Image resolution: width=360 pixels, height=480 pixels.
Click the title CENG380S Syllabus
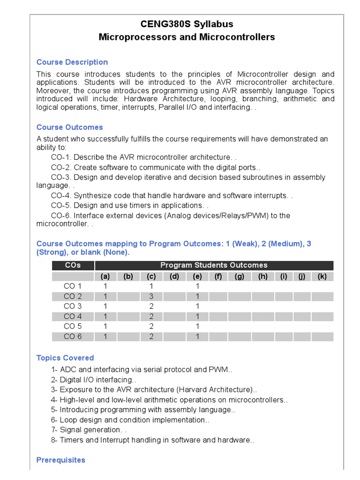(x=187, y=24)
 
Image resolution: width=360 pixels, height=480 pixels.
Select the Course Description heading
(x=72, y=62)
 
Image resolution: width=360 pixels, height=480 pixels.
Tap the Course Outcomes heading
(x=69, y=127)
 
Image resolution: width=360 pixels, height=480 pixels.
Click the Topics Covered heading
(x=65, y=358)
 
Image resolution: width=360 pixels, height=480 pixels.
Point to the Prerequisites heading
(x=61, y=460)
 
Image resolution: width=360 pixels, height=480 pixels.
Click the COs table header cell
(x=73, y=265)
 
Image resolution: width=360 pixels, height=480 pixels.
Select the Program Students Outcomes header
(x=214, y=265)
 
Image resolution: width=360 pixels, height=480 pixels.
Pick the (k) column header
(x=322, y=277)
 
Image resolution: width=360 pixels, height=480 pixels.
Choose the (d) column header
(x=174, y=277)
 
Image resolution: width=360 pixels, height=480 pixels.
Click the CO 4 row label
(x=73, y=316)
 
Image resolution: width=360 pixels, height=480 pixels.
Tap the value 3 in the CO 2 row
(x=151, y=296)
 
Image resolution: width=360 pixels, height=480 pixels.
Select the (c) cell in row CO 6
(x=151, y=337)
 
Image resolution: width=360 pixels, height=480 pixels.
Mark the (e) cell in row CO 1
(x=197, y=286)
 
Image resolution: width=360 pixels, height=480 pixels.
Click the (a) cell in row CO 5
(x=105, y=326)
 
